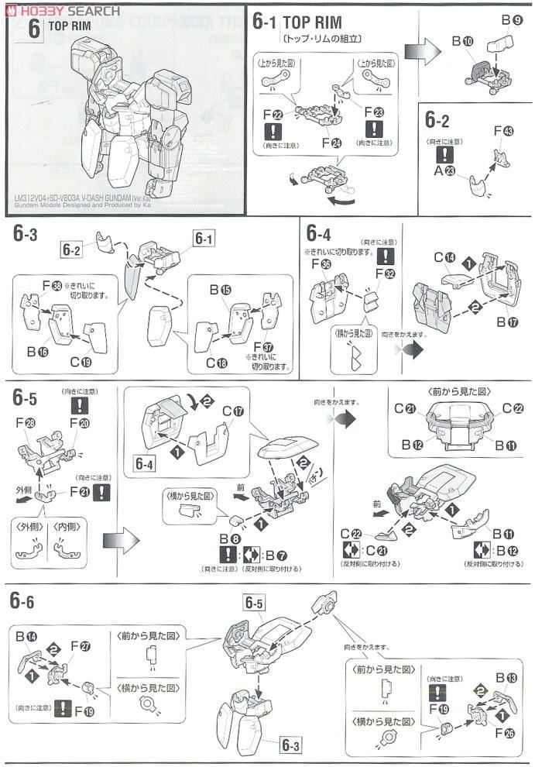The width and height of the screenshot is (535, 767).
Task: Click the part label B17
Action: (x=502, y=322)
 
